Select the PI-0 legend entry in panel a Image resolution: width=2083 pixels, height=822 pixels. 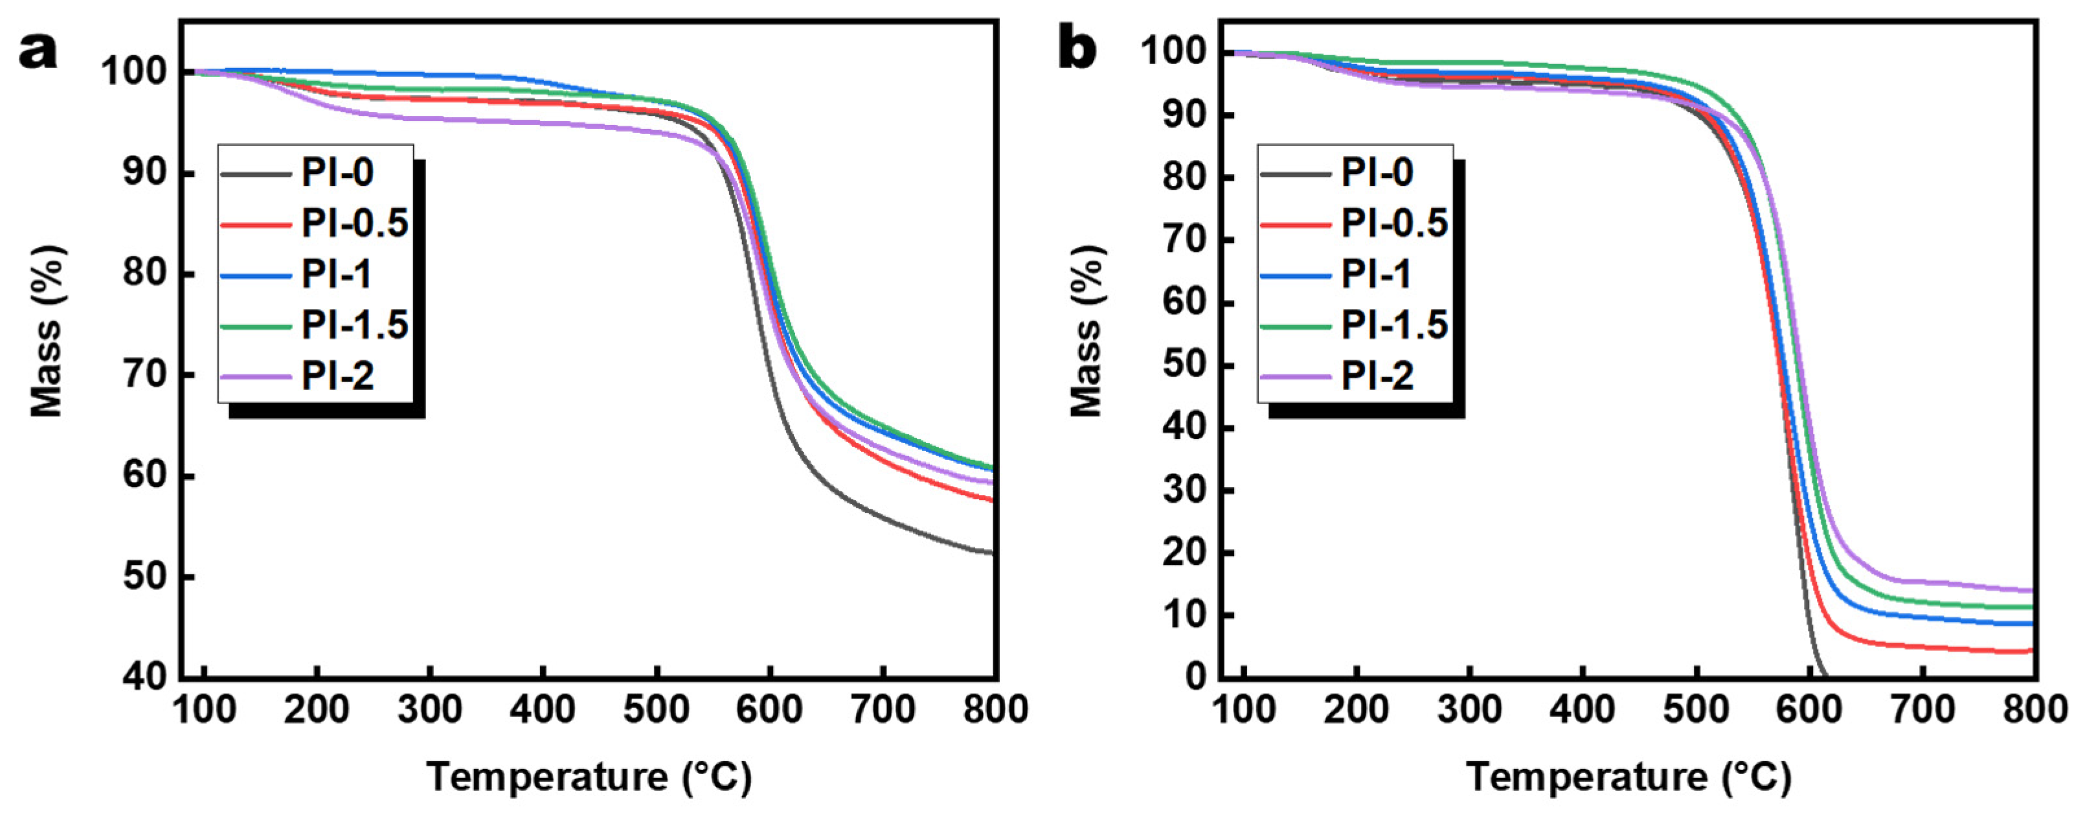pos(337,173)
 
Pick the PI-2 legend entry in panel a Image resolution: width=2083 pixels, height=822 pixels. pos(337,376)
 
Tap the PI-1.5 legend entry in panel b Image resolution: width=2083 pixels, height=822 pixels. pos(1394,325)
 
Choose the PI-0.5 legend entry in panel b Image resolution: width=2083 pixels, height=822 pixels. pos(1394,224)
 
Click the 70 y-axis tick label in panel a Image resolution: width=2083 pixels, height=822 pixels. pos(146,376)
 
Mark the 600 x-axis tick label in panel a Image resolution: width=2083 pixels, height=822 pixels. pos(770,711)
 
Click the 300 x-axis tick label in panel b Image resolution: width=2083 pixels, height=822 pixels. pos(1469,711)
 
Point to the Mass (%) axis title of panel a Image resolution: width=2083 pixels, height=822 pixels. pos(46,332)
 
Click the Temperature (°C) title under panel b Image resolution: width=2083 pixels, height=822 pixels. pos(1628,777)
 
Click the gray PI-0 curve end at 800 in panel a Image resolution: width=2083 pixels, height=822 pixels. pos(991,553)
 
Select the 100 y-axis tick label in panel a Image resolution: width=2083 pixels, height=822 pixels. pos(134,73)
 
